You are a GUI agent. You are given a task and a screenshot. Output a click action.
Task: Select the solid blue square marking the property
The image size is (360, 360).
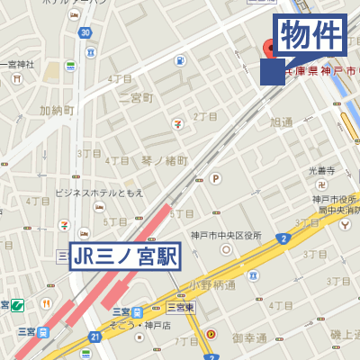coord(272,72)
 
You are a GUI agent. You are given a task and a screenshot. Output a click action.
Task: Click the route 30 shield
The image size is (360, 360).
coord(84,33)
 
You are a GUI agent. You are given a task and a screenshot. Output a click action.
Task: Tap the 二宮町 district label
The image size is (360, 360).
coord(136,97)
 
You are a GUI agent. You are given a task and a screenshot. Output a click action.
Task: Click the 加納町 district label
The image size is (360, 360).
coord(56,111)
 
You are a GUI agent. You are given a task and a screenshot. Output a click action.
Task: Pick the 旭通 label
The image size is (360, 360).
coord(281,121)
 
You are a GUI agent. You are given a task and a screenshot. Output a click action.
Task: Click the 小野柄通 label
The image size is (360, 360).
coord(212,284)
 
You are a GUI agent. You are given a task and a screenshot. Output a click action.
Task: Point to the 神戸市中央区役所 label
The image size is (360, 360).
coord(226,236)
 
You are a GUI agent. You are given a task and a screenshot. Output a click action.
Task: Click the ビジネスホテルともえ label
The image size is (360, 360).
coord(99,193)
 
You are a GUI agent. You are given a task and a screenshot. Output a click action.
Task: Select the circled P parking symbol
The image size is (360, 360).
coord(215,178)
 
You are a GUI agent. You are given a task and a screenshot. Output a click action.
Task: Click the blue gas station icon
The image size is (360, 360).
coord(181,62)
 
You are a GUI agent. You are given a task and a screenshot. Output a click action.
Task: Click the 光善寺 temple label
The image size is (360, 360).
coord(321,170)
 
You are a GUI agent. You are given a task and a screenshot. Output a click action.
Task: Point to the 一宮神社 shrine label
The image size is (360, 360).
coord(18,64)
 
